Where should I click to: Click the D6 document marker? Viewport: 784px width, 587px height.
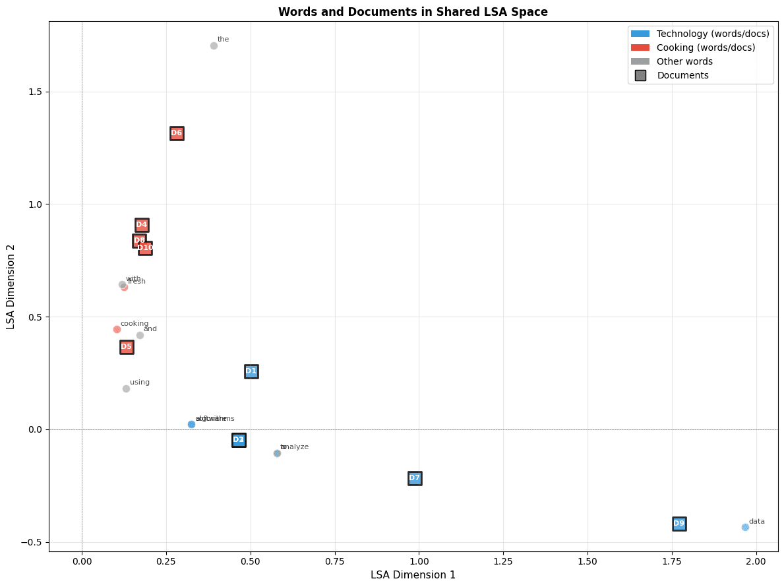[177, 133]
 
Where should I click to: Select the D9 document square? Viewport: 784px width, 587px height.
[679, 524]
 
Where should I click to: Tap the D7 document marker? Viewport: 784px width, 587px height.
[414, 478]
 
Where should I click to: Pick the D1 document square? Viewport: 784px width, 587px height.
[251, 371]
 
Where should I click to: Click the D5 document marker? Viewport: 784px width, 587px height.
[127, 347]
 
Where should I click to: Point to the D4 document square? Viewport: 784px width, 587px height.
[142, 225]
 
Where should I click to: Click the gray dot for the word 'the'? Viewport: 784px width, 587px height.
[214, 46]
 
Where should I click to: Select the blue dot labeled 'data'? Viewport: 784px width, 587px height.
[745, 527]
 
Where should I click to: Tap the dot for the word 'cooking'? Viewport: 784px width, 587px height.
[117, 329]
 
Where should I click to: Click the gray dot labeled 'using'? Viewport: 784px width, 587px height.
[126, 388]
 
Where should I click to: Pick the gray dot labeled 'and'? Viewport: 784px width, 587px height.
[140, 335]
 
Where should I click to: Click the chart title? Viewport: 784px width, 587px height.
[413, 12]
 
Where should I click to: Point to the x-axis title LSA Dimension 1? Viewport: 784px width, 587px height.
[413, 574]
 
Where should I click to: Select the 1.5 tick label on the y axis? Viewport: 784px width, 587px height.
[34, 92]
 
